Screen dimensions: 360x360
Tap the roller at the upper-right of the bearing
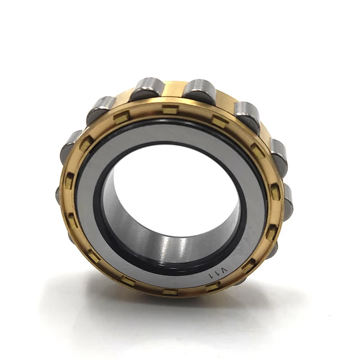click(246, 115)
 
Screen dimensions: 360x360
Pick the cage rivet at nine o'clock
click(70, 181)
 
